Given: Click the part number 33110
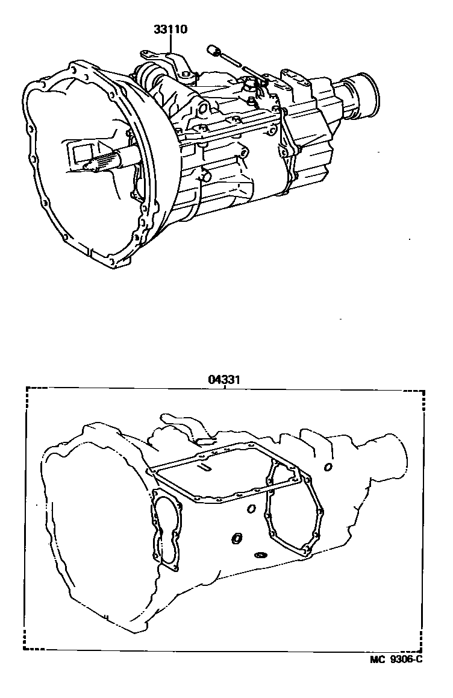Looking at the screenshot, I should (171, 28).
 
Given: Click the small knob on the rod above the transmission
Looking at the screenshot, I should (212, 49).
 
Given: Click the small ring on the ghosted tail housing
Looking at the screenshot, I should (327, 467).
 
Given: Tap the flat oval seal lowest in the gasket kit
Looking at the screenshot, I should (261, 555).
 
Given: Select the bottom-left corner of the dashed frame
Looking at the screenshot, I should (27, 650).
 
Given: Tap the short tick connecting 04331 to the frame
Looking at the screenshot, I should (224, 387).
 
